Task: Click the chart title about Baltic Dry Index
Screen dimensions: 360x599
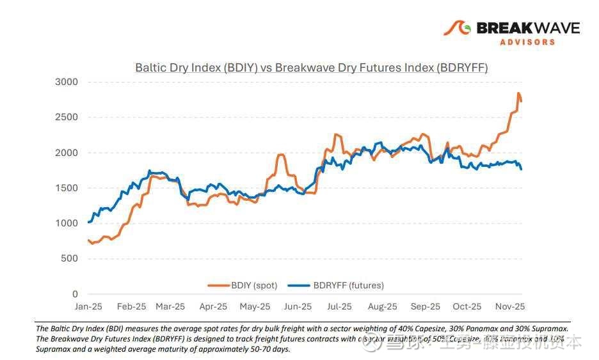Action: tap(311, 67)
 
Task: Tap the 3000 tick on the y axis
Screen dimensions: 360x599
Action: tap(66, 82)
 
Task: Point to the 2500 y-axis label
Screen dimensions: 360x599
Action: tap(66, 117)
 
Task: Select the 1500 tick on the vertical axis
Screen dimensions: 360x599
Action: tap(66, 188)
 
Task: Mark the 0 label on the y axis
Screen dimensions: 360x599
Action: tap(75, 294)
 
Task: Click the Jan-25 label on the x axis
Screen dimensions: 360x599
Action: tap(88, 307)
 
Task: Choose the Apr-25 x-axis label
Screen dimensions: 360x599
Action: tap(212, 307)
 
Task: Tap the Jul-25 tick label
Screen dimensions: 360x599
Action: tap(339, 307)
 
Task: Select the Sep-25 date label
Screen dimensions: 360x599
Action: tap(425, 307)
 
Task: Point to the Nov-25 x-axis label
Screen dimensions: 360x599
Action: tap(511, 307)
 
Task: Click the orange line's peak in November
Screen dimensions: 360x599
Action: tap(518, 93)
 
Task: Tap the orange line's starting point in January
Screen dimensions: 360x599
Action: tap(88, 240)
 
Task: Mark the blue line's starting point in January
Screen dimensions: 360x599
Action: tap(88, 223)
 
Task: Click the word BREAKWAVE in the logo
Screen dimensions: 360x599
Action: tap(528, 28)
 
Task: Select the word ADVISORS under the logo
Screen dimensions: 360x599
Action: tap(527, 42)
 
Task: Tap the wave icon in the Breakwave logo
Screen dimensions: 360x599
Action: tap(458, 29)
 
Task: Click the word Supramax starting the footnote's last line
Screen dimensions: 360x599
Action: tap(54, 349)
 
